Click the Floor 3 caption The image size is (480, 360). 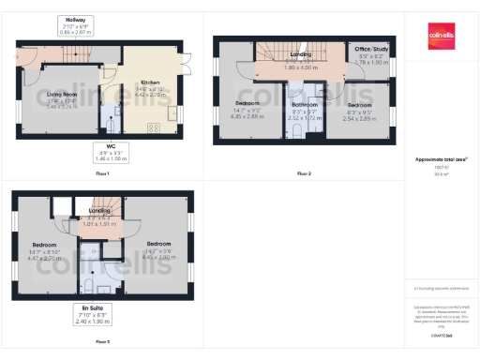pyautogui.click(x=102, y=342)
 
